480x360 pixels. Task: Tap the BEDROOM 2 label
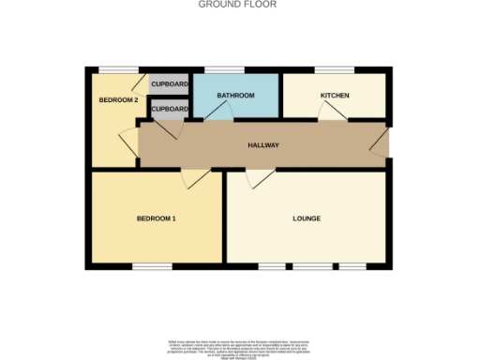(119, 99)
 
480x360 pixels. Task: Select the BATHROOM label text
(236, 96)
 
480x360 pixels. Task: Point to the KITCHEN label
(335, 96)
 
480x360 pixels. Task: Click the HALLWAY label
(263, 145)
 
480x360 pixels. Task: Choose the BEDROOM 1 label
(157, 218)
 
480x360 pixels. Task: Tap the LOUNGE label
(306, 218)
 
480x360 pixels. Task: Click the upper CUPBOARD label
(170, 83)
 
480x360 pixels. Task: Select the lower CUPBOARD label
(169, 109)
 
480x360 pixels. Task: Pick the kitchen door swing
(331, 112)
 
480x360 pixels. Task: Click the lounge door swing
(262, 178)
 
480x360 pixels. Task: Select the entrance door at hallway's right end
(379, 143)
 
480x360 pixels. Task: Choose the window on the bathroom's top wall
(221, 70)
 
